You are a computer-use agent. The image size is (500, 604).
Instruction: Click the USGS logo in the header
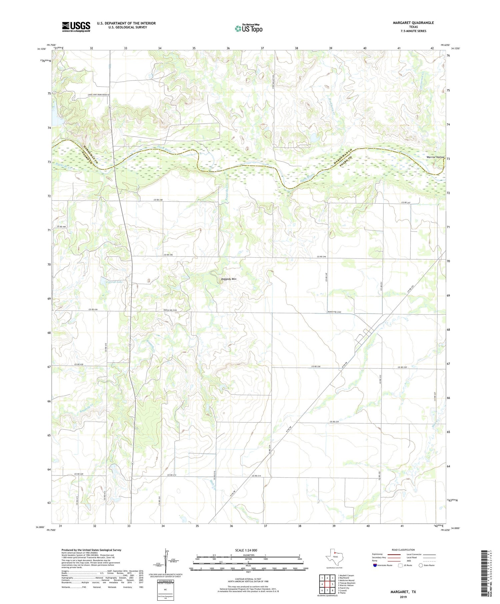tap(76, 27)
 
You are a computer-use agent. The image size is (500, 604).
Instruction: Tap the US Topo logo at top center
tap(249, 28)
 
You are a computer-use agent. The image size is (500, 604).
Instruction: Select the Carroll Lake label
tap(114, 282)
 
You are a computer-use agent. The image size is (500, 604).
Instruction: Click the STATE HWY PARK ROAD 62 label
tap(98, 95)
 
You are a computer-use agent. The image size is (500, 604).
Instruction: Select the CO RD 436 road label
tap(93, 310)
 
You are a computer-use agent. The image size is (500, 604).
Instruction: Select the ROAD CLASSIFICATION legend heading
tap(403, 550)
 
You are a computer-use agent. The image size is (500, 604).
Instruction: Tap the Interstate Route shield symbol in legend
tap(375, 565)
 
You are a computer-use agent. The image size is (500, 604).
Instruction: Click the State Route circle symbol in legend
tap(421, 565)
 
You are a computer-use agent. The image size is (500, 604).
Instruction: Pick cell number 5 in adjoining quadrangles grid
tap(333, 584)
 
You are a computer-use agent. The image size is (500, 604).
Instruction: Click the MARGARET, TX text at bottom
tap(403, 592)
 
